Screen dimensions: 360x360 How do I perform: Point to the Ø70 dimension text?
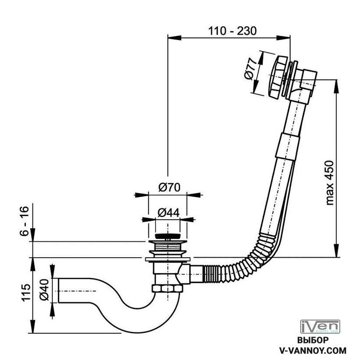168,187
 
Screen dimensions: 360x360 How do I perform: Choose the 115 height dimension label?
25,292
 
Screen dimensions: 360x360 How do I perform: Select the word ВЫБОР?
313,341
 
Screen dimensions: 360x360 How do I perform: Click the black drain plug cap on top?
167,237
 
